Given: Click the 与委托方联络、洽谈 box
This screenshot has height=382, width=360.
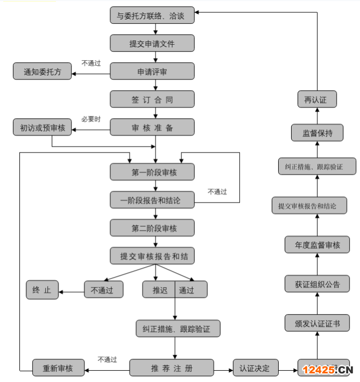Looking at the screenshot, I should coord(152,16).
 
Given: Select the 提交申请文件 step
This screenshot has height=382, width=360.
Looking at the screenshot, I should coord(152,43).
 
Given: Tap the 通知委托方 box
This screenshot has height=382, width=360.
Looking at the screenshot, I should coord(42,72).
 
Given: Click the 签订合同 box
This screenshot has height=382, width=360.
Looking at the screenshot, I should coord(152,100).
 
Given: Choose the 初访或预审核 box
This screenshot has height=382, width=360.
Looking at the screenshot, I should coord(42,128).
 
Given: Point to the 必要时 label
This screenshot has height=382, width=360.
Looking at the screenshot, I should coord(91,119).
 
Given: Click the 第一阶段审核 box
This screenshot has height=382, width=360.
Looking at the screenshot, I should coord(152,172).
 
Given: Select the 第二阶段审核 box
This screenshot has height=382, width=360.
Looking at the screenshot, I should coord(152,228).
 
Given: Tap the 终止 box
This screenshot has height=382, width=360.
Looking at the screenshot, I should coord(42,290).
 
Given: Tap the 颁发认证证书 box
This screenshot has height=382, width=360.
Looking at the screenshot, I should coord(317,323).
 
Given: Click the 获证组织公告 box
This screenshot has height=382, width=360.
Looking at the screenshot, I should coord(317,284).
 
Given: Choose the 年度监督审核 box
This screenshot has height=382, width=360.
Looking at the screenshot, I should coord(317,245).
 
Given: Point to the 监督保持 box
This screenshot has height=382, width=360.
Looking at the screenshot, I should coord(317,133).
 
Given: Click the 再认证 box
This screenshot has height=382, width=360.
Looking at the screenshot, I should coord(317,100).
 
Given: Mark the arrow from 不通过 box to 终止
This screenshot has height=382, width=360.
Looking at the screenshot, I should coord(71,291).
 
